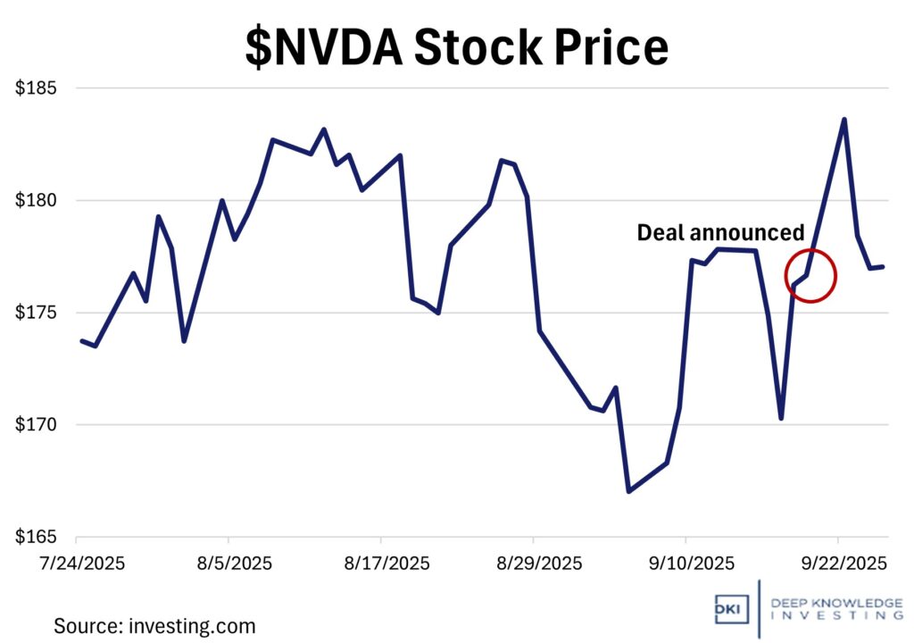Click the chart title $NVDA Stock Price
(x=456, y=47)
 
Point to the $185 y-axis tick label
(x=37, y=88)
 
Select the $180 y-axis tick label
(x=37, y=201)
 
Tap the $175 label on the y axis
(x=37, y=313)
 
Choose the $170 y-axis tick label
(x=37, y=425)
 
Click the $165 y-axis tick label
(x=37, y=538)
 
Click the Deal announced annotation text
(x=720, y=233)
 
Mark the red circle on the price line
(x=810, y=276)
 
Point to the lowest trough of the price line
(x=628, y=491)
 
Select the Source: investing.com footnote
(x=154, y=625)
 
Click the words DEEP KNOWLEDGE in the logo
(x=835, y=603)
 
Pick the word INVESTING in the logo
(x=835, y=617)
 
